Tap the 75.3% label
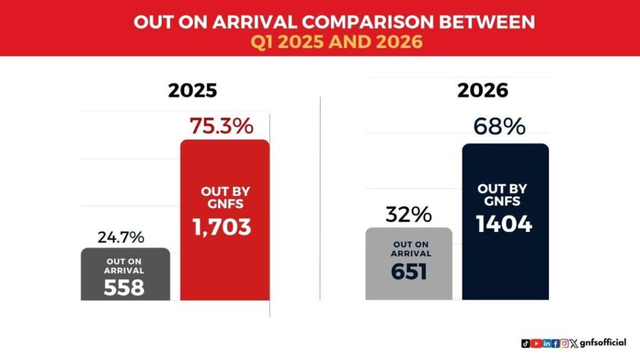coord(221,126)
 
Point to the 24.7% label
coord(121,237)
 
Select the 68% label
coord(499,127)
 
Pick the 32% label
coord(409,214)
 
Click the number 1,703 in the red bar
coord(221,227)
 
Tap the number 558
coord(124,287)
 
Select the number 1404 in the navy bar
coord(504,224)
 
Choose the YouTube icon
coord(536,343)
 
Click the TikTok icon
coord(526,343)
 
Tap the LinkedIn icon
coord(547,343)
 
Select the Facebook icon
coord(556,343)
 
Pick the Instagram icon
coord(564,343)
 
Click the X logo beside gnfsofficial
coord(572,343)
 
